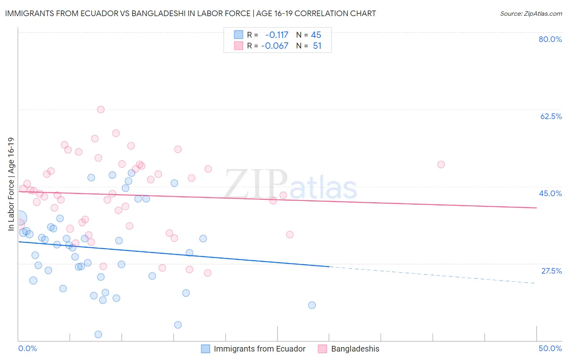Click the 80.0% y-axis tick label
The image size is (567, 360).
point(550,39)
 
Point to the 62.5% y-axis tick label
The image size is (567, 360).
point(551,116)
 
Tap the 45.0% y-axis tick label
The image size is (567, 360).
point(550,193)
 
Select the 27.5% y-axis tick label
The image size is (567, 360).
point(551,271)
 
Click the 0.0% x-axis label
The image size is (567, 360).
point(28,348)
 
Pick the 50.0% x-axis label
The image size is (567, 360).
point(550,348)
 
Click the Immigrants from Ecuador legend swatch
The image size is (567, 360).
point(206,349)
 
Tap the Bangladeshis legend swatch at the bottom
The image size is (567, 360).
point(322,349)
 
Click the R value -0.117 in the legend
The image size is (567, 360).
point(277,35)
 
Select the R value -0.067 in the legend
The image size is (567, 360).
point(275,46)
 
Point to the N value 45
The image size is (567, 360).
point(316,35)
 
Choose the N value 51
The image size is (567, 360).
point(317,46)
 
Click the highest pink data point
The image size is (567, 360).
point(101,109)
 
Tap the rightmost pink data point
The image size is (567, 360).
point(441,164)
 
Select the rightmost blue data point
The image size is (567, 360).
point(312,305)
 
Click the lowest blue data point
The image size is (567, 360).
point(98,334)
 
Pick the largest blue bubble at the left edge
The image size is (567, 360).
point(19,218)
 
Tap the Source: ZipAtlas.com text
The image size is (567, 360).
point(531,13)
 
